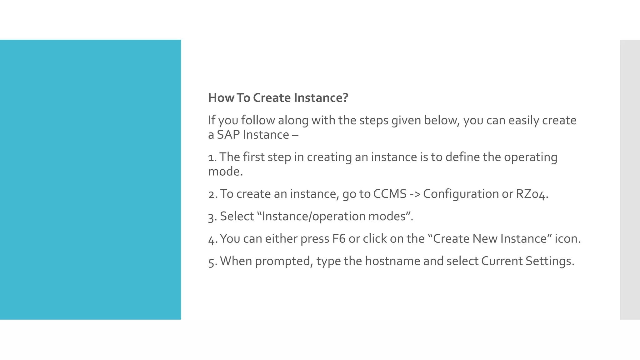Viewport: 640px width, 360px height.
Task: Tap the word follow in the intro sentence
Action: [258, 120]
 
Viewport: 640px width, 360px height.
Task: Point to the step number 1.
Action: [212, 157]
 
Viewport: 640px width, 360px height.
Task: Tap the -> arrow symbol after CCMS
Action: [415, 194]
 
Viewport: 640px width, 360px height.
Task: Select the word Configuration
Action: [461, 194]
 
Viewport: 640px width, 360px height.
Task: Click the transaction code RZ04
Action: [531, 194]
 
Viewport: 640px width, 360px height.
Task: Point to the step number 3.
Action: [212, 217]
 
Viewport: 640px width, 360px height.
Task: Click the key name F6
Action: [339, 239]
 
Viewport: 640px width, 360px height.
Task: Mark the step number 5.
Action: [212, 261]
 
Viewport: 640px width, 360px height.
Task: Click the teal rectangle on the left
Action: [90, 180]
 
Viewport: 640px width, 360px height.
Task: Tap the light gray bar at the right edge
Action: [630, 180]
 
